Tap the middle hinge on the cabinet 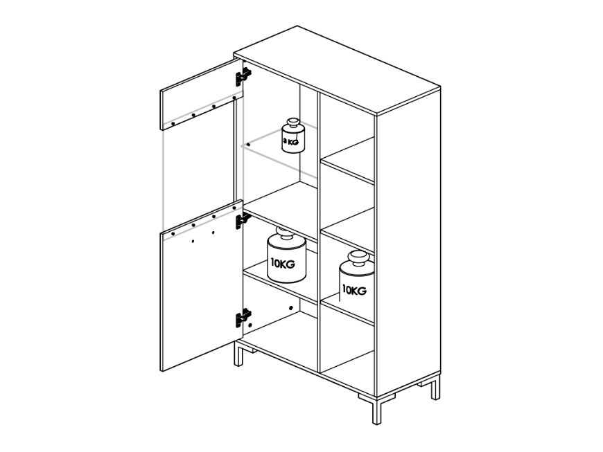[x=243, y=220]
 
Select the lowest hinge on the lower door [x=243, y=318]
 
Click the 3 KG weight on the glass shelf [x=292, y=136]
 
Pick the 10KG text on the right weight [x=354, y=290]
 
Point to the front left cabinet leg [x=238, y=354]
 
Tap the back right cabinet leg [x=435, y=388]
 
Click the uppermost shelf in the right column [x=349, y=165]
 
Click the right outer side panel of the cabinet [x=408, y=242]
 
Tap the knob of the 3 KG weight [x=292, y=123]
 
